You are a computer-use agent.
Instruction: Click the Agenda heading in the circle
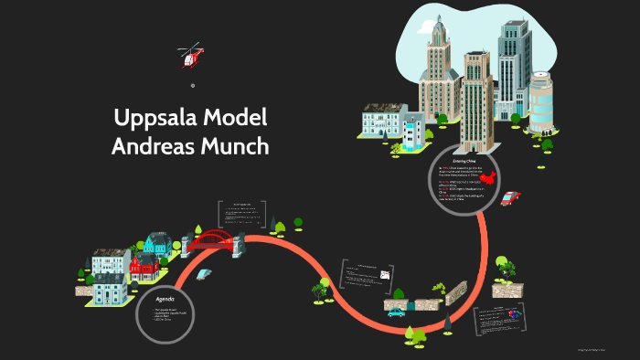[165, 298]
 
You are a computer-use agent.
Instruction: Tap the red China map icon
[490, 176]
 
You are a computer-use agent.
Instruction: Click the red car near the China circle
[509, 197]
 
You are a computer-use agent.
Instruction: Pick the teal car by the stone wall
[396, 312]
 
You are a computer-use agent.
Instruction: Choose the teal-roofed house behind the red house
[156, 244]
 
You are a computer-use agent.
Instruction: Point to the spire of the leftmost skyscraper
[439, 23]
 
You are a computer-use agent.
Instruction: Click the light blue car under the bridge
[203, 273]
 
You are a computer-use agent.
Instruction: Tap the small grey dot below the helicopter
[193, 86]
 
